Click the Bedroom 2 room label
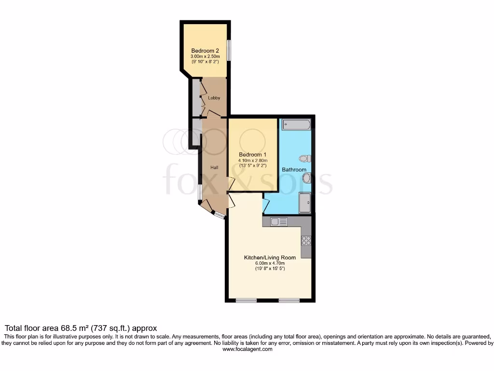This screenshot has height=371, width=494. (205, 51)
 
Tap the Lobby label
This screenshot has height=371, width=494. (214, 98)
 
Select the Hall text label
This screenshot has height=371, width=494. (214, 168)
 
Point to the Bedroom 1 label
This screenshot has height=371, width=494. (252, 155)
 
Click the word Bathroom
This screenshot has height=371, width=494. (294, 170)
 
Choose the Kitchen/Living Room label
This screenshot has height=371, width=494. (270, 257)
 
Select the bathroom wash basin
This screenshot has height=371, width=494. (306, 179)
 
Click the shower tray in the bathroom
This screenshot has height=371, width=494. (305, 202)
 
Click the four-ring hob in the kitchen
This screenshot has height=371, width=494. (306, 240)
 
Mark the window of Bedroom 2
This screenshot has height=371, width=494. (229, 51)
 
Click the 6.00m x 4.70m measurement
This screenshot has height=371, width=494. (270, 263)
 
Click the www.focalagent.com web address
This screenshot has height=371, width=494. (247, 349)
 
